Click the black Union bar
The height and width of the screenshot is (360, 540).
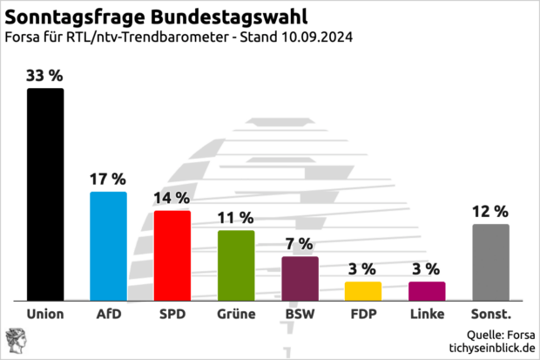45,194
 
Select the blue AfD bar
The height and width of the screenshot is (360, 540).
109,246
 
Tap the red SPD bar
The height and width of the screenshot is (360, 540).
172,255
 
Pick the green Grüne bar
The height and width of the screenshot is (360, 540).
236,265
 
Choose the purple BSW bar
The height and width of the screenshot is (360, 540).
300,278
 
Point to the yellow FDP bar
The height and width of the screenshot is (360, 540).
363,290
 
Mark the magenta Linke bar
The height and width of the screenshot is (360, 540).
427,290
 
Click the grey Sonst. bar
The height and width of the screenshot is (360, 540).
490,262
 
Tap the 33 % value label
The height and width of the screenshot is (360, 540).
45,76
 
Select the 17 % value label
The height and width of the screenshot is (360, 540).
109,180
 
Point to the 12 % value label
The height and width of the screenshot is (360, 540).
490,211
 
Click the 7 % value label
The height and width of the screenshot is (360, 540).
300,243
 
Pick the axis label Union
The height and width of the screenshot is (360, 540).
45,314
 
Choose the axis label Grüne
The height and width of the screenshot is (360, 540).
236,314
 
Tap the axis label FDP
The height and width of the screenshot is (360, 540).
363,314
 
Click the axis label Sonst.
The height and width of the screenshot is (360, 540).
490,314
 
